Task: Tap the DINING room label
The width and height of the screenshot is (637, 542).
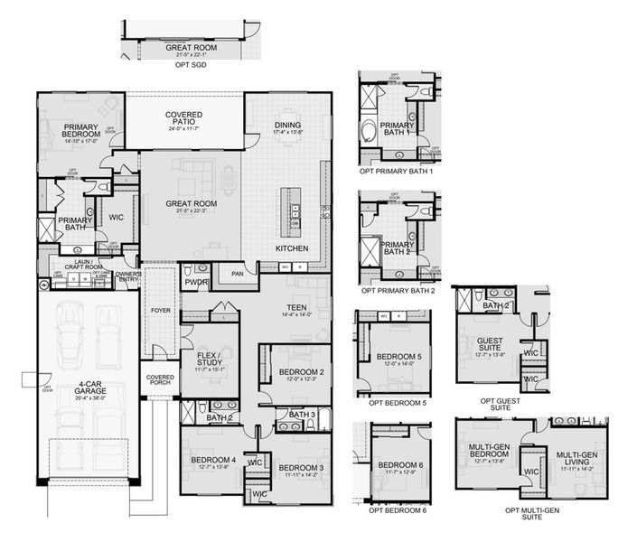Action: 287,126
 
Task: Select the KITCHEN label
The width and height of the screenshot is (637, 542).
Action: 292,248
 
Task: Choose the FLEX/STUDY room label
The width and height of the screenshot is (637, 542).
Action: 210,361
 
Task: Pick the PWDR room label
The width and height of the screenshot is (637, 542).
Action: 197,282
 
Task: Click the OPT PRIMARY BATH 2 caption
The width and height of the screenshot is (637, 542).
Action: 398,292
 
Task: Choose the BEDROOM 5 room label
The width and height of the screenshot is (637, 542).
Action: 396,356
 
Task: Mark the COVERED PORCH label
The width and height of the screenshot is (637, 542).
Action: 159,380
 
